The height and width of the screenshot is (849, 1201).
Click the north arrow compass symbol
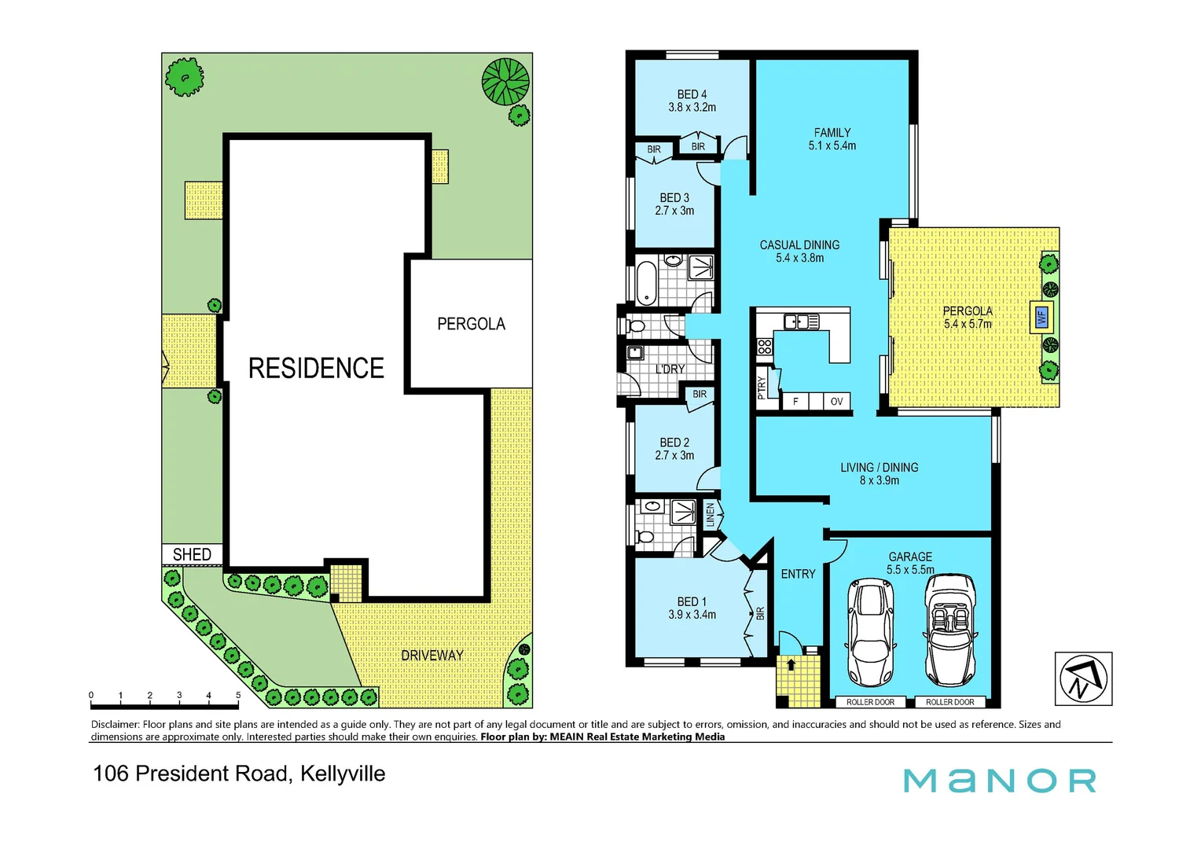(1082, 678)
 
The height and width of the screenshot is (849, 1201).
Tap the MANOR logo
(999, 781)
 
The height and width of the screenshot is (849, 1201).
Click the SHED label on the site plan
(192, 555)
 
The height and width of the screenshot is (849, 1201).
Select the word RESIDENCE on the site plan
(316, 368)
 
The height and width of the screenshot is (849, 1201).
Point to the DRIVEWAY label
(432, 655)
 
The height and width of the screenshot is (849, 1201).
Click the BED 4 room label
(692, 94)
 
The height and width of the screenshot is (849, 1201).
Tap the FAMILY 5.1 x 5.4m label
(832, 139)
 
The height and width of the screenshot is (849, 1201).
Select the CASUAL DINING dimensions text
(799, 258)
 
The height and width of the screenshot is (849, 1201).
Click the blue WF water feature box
(1041, 318)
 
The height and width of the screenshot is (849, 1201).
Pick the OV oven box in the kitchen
(836, 402)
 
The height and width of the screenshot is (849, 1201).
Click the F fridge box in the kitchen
(795, 402)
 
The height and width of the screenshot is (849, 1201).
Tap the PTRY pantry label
(761, 388)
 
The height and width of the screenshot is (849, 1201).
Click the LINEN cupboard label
(711, 514)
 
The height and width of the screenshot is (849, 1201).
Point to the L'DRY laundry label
(670, 369)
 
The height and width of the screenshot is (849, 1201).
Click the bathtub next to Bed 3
(645, 283)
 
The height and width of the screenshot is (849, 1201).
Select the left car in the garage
(871, 632)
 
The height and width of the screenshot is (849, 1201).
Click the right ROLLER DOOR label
(949, 702)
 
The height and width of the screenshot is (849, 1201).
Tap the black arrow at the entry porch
(791, 664)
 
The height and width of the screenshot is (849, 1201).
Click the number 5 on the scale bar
(238, 696)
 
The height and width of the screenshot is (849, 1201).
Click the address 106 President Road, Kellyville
(239, 774)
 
